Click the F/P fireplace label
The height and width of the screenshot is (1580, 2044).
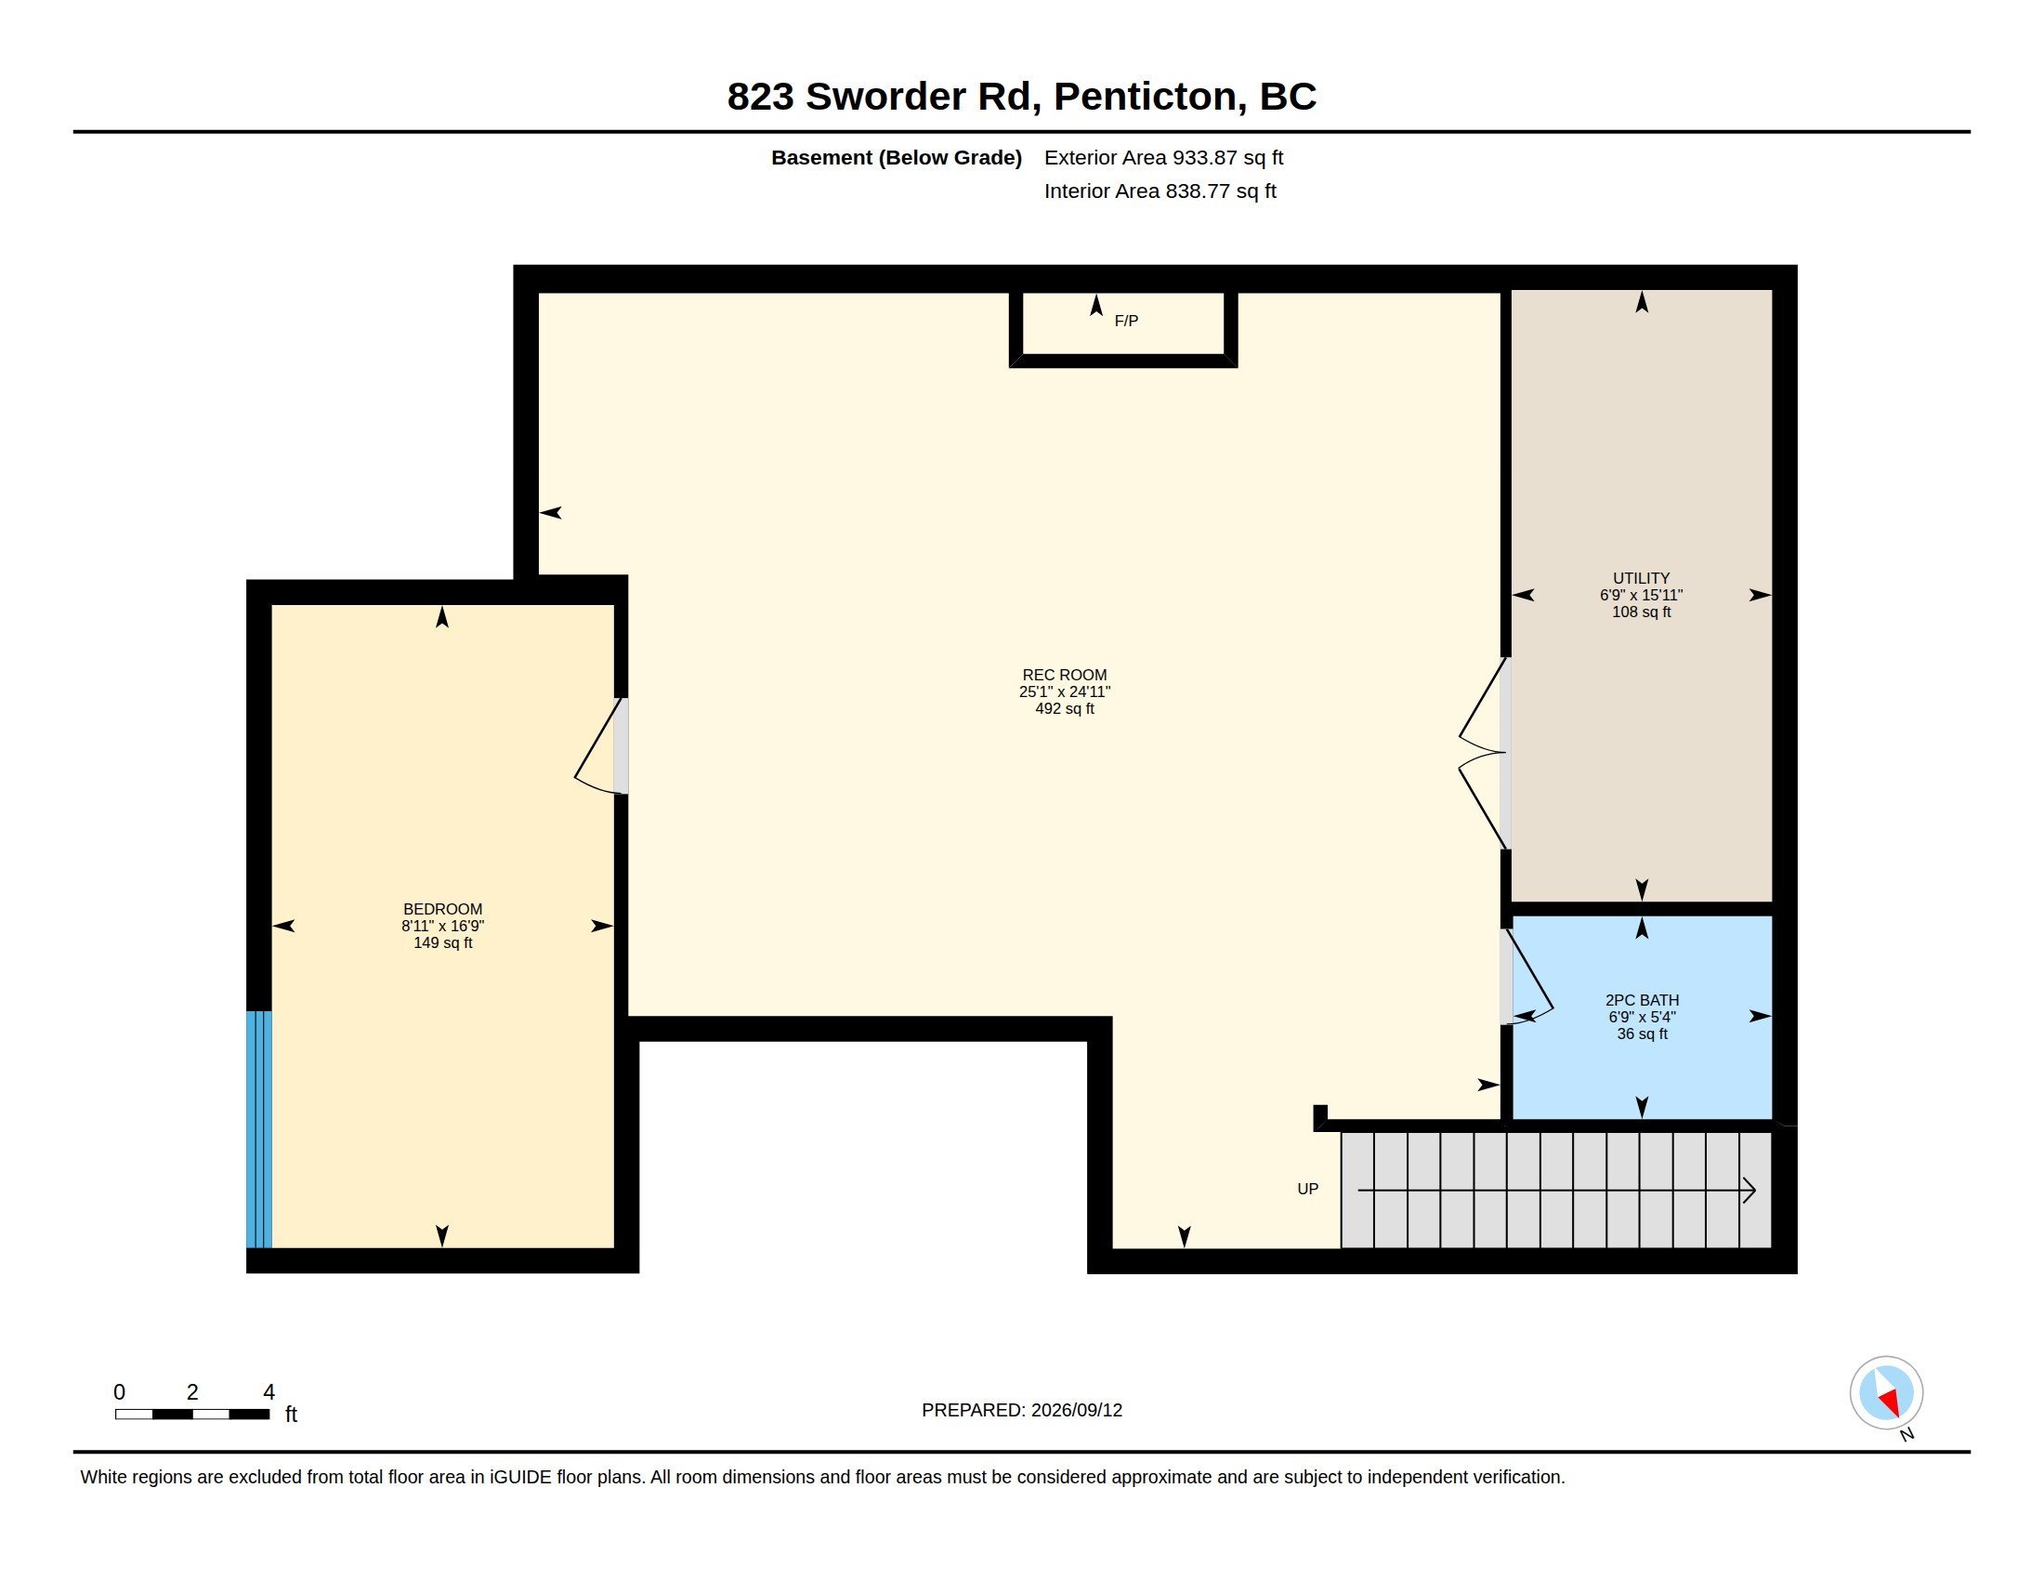pos(1126,321)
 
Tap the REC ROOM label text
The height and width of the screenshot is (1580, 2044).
pos(1064,675)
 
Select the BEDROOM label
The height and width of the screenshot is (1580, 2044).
pos(442,909)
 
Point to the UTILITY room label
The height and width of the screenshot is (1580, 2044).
pos(1641,578)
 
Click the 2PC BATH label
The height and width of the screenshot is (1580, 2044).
pos(1642,1000)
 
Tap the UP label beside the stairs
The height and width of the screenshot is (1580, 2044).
pos(1307,1189)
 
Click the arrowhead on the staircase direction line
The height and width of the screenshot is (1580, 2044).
pos(1749,1191)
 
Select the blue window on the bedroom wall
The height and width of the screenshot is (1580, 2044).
pos(259,1129)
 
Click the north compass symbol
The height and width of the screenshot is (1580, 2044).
pos(1886,1394)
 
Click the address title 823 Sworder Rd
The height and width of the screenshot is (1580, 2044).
pos(879,96)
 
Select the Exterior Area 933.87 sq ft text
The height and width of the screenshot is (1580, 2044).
pos(1163,157)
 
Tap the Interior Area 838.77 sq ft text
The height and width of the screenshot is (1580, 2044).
pos(1160,191)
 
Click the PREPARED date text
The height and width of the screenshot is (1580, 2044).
pos(1022,1410)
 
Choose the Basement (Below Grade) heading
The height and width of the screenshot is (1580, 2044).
pos(896,157)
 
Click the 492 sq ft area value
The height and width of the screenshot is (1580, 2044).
pos(1064,708)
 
